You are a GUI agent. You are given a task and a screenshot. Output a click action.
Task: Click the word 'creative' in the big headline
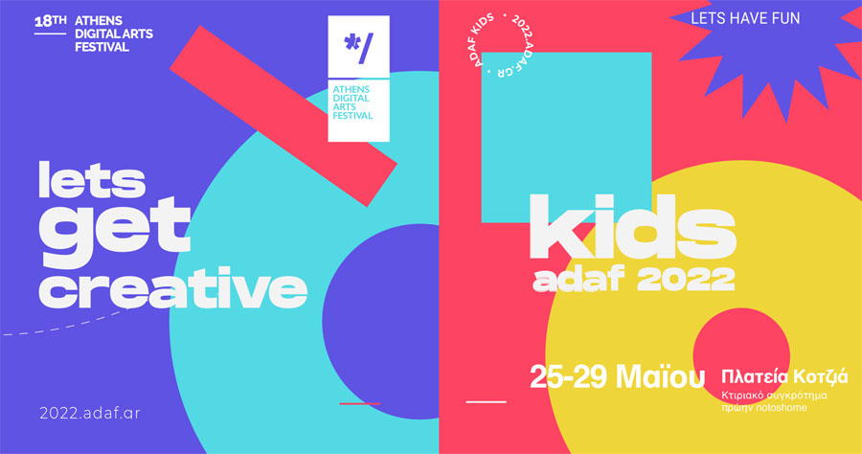pyautogui.click(x=172, y=288)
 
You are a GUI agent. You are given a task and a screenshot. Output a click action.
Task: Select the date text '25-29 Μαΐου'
pyautogui.click(x=617, y=376)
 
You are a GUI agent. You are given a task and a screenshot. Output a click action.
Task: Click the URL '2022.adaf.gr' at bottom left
pyautogui.click(x=90, y=413)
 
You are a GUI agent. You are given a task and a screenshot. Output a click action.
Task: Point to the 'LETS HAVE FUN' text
pyautogui.click(x=745, y=18)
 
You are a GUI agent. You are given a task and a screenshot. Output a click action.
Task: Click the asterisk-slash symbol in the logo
pyautogui.click(x=358, y=48)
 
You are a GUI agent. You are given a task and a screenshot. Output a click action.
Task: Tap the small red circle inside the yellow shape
pyautogui.click(x=741, y=355)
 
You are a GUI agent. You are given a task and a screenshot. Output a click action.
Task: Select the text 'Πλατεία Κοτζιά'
pyautogui.click(x=784, y=377)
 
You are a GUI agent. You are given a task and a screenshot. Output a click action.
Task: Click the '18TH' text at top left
pyautogui.click(x=50, y=21)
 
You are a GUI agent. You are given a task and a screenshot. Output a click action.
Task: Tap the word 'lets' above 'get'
pyautogui.click(x=92, y=180)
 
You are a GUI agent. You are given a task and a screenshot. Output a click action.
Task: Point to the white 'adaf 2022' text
pyautogui.click(x=633, y=280)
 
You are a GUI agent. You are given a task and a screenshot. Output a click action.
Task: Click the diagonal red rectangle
pyautogui.click(x=284, y=116)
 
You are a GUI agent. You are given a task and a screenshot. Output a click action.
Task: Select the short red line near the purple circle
pyautogui.click(x=360, y=403)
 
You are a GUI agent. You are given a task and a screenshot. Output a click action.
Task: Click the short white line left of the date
pyautogui.click(x=486, y=401)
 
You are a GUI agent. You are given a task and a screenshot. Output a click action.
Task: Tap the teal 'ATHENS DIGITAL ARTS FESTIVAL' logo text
pyautogui.click(x=352, y=102)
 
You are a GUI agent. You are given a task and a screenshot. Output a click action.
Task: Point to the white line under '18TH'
pyautogui.click(x=50, y=34)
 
